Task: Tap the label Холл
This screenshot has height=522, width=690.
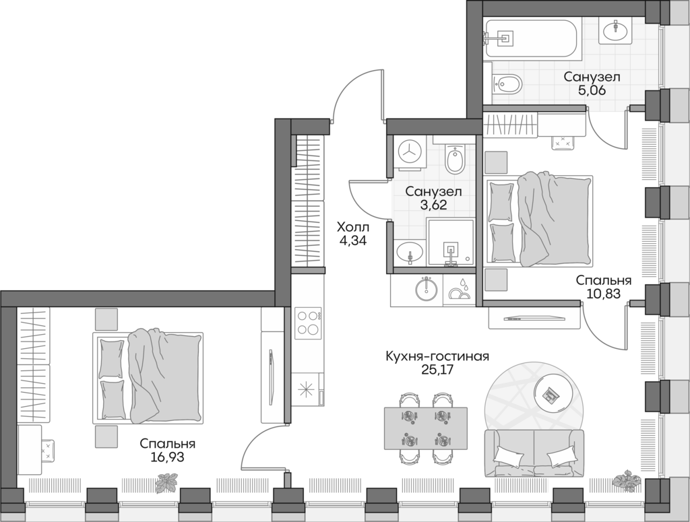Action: point(353,228)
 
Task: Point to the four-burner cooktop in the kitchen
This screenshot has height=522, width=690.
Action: point(309,322)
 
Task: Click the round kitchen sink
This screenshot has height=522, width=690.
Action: point(425,290)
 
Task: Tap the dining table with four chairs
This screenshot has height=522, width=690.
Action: point(425,428)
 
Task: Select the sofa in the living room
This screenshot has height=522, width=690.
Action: point(533,453)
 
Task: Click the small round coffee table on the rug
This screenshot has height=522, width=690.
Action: point(551,394)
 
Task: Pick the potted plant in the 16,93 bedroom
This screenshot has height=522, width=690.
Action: point(165,482)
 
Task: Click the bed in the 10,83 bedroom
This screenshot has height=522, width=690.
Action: point(539,221)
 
